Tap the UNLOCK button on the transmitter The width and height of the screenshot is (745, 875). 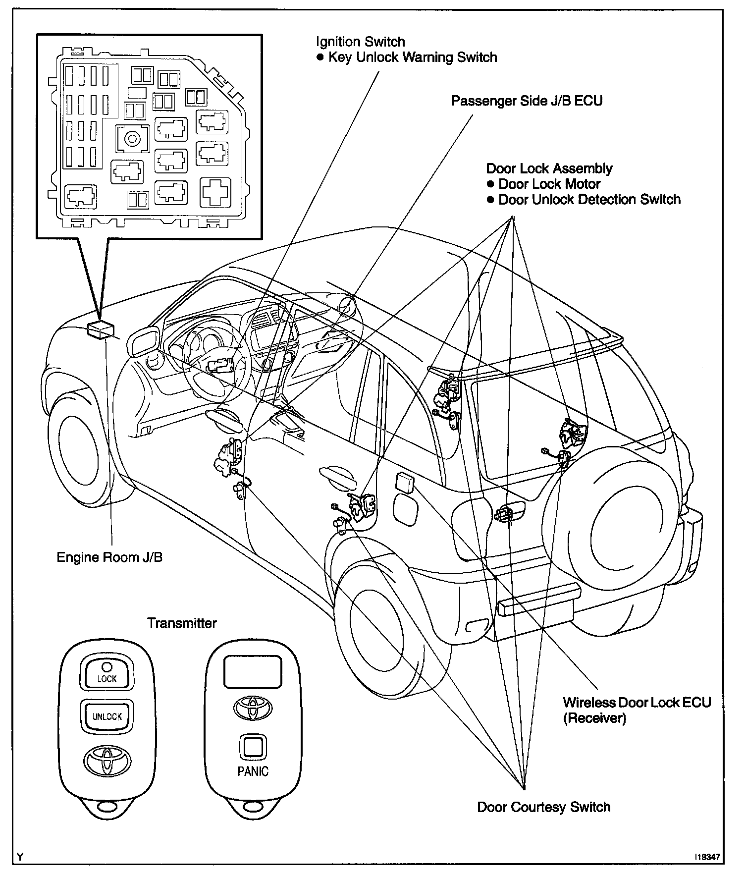tap(107, 716)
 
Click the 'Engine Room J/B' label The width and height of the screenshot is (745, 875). tap(109, 557)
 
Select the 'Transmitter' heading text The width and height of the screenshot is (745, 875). tap(182, 623)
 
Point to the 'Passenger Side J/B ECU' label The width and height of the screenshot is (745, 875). tap(527, 101)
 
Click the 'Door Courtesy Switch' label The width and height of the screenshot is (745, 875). tap(543, 807)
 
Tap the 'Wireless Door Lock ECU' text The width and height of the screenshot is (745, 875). tap(637, 703)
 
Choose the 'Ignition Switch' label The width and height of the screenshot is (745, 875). tap(361, 42)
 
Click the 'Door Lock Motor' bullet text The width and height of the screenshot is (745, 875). tap(549, 184)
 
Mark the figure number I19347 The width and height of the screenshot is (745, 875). tap(706, 856)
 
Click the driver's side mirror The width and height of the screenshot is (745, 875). tap(142, 342)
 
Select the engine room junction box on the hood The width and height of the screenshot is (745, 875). tap(100, 329)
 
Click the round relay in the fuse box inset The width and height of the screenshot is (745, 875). tap(132, 139)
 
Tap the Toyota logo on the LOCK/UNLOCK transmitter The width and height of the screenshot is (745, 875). tap(106, 761)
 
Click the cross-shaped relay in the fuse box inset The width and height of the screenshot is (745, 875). tap(215, 192)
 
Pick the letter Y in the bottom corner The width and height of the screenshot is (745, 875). tap(20, 857)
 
